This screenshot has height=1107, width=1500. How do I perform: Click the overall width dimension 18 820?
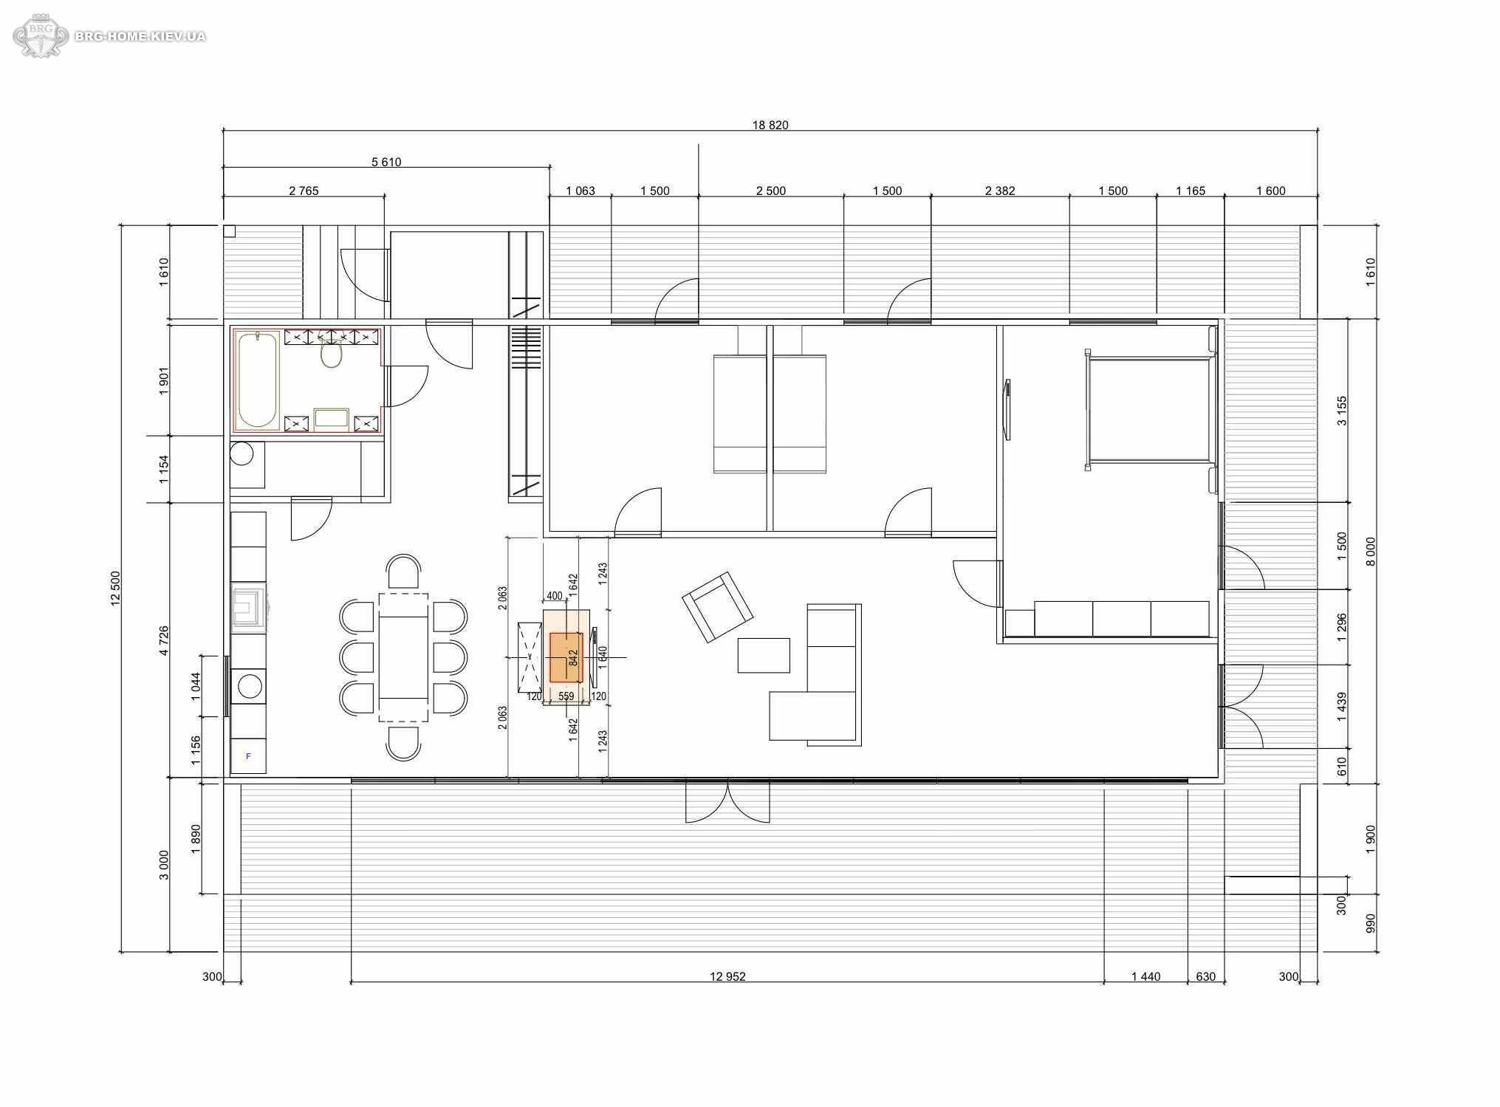coord(770,125)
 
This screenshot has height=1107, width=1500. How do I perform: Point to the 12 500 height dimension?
coord(115,589)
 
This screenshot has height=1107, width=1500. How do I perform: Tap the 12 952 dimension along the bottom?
coord(727,976)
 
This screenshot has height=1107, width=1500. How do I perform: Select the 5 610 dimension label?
coord(386,162)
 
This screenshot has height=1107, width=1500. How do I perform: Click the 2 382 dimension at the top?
coord(1000,191)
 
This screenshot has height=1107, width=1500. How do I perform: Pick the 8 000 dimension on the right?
coord(1371,551)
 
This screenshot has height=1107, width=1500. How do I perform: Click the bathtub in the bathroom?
coord(257,380)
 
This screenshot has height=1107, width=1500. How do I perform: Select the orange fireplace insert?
coord(566,657)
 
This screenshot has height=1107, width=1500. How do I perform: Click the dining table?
coord(403,657)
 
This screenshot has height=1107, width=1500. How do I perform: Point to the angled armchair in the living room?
coord(717,606)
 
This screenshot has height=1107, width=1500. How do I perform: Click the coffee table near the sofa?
coord(764,655)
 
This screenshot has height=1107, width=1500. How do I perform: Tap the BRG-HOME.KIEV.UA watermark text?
coord(140,36)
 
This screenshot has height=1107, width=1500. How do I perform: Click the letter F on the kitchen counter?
coord(248,756)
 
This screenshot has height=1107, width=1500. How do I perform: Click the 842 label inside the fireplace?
coord(573,657)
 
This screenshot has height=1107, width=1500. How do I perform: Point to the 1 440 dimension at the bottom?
coord(1145,976)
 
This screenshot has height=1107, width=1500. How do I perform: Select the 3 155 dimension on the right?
coord(1342,411)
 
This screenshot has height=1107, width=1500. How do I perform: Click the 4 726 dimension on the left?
coord(164,640)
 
